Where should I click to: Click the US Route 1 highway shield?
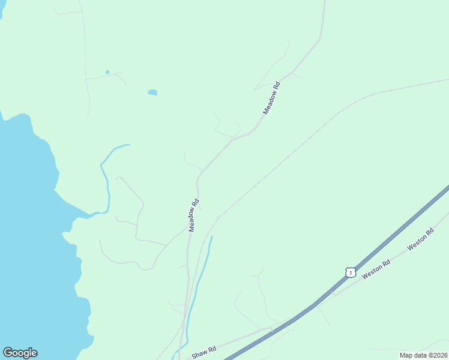[x=349, y=272]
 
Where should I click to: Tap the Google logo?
[x=20, y=353]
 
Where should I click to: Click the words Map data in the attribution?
[x=414, y=355]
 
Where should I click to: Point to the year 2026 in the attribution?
[x=439, y=355]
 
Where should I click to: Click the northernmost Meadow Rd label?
[x=271, y=98]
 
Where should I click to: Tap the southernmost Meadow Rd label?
[x=193, y=215]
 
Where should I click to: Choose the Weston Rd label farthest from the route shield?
[x=420, y=239]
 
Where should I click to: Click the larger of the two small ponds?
[x=152, y=92]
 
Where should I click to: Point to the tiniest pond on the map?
[x=107, y=72]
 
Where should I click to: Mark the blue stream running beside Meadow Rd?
[x=201, y=276]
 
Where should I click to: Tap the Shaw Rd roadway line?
[x=240, y=340]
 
